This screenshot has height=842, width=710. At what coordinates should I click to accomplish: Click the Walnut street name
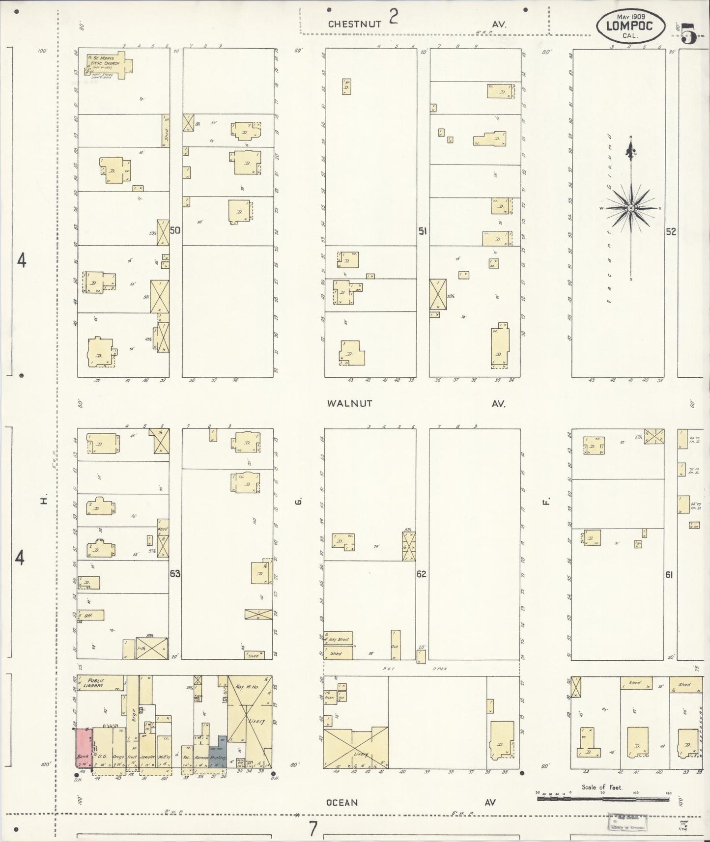(x=350, y=403)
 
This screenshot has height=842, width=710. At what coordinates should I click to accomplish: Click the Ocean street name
(x=342, y=802)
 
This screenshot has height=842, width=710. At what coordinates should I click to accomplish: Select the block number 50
(x=175, y=229)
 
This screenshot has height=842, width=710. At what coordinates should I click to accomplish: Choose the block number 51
(x=422, y=230)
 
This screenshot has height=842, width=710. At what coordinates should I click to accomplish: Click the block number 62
(x=422, y=573)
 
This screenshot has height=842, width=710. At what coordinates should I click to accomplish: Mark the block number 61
(x=669, y=575)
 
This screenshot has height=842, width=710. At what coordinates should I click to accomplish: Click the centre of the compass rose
(x=631, y=208)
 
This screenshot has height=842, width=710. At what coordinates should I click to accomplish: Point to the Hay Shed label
(x=339, y=639)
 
